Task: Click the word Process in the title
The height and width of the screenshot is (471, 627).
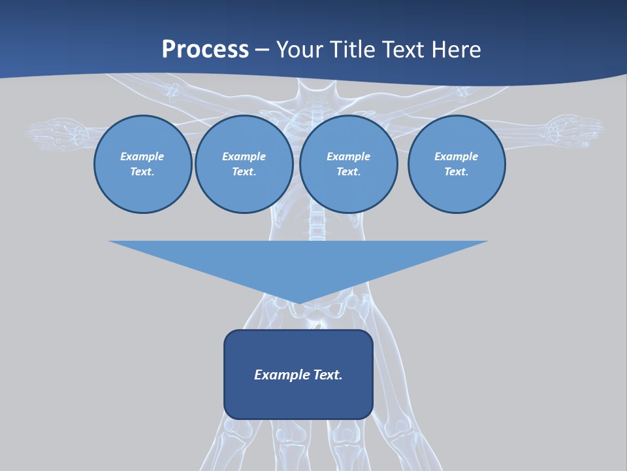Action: pos(205,50)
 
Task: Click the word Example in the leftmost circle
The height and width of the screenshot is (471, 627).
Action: pos(142,156)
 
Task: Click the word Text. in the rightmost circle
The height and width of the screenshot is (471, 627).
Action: pos(457,171)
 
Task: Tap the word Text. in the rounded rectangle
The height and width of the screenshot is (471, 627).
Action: pos(328,375)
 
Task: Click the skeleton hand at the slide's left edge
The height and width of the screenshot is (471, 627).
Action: pos(56,133)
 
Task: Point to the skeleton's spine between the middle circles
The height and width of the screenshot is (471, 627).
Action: pos(317,222)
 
